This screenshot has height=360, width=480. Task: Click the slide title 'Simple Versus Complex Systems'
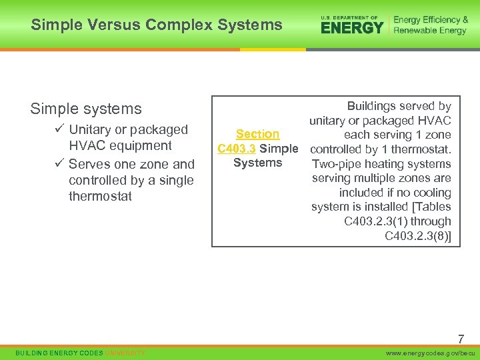(157, 25)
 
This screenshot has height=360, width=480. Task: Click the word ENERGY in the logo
(352, 27)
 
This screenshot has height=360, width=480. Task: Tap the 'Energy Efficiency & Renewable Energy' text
(431, 25)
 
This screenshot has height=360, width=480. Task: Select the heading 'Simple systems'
(86, 109)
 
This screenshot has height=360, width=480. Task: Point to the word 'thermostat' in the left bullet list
(100, 196)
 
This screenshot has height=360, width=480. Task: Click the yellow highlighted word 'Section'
(257, 134)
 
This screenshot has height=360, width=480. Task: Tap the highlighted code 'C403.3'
(237, 149)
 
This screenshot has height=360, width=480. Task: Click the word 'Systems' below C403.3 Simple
(257, 163)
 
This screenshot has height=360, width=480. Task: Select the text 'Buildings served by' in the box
(399, 106)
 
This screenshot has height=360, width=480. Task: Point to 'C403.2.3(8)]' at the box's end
(418, 235)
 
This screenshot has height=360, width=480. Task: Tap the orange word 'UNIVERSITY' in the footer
(125, 352)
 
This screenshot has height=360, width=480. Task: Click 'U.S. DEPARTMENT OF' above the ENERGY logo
(349, 17)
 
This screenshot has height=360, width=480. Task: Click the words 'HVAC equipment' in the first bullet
(120, 145)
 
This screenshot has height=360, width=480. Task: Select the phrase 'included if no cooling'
(395, 193)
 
